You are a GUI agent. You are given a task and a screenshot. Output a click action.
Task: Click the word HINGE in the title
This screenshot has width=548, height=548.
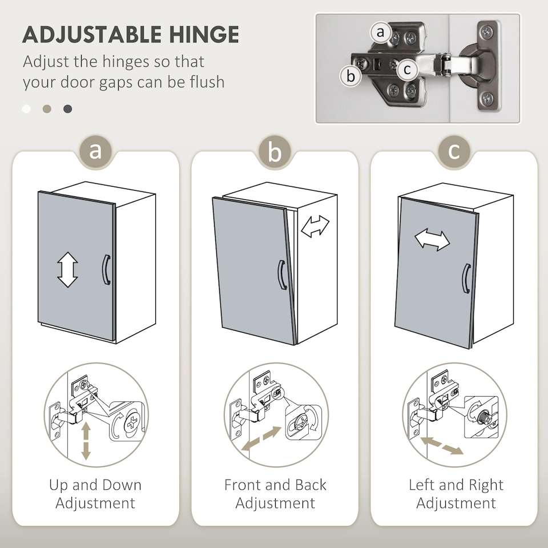pyautogui.click(x=204, y=34)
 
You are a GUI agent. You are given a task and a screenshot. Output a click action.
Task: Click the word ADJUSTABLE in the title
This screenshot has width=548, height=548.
pyautogui.click(x=92, y=34)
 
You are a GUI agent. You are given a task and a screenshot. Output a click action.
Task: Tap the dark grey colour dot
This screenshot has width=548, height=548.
pyautogui.click(x=68, y=109)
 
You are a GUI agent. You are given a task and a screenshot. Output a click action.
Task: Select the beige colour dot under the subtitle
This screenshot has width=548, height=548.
pyautogui.click(x=47, y=109)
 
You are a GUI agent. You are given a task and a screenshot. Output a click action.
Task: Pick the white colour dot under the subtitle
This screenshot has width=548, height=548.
pyautogui.click(x=26, y=109)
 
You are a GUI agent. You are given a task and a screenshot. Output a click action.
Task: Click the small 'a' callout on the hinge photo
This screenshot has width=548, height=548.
pyautogui.click(x=380, y=33)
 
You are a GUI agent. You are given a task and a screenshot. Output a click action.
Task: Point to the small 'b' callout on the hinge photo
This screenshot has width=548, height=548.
pyautogui.click(x=350, y=76)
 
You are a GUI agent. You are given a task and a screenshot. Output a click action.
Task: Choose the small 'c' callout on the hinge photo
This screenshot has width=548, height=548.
pyautogui.click(x=407, y=69)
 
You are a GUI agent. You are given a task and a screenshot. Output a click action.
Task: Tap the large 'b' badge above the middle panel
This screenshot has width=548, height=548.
pyautogui.click(x=275, y=152)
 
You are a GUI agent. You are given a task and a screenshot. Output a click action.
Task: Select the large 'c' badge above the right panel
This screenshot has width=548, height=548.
pyautogui.click(x=454, y=152)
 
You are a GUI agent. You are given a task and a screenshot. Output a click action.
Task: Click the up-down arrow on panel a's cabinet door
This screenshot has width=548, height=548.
pyautogui.click(x=67, y=269)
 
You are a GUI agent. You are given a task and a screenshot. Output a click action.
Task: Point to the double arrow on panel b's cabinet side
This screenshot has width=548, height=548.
pyautogui.click(x=315, y=226)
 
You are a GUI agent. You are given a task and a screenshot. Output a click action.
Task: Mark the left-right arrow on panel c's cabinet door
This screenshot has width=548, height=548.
pyautogui.click(x=432, y=240)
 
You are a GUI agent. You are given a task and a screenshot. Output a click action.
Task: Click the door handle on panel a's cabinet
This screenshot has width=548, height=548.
pyautogui.click(x=106, y=269)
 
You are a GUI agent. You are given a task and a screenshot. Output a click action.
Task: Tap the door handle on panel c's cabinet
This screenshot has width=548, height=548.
pyautogui.click(x=466, y=278)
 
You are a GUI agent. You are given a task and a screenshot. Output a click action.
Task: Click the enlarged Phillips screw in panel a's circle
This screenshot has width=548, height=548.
pyautogui.click(x=132, y=422)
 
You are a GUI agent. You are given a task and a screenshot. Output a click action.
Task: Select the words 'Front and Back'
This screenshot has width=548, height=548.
pyautogui.click(x=275, y=485)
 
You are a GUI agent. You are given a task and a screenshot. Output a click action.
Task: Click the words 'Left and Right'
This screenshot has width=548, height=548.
pyautogui.click(x=456, y=485)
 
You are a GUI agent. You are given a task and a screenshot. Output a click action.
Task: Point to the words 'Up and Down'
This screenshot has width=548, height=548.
pyautogui.click(x=95, y=485)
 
